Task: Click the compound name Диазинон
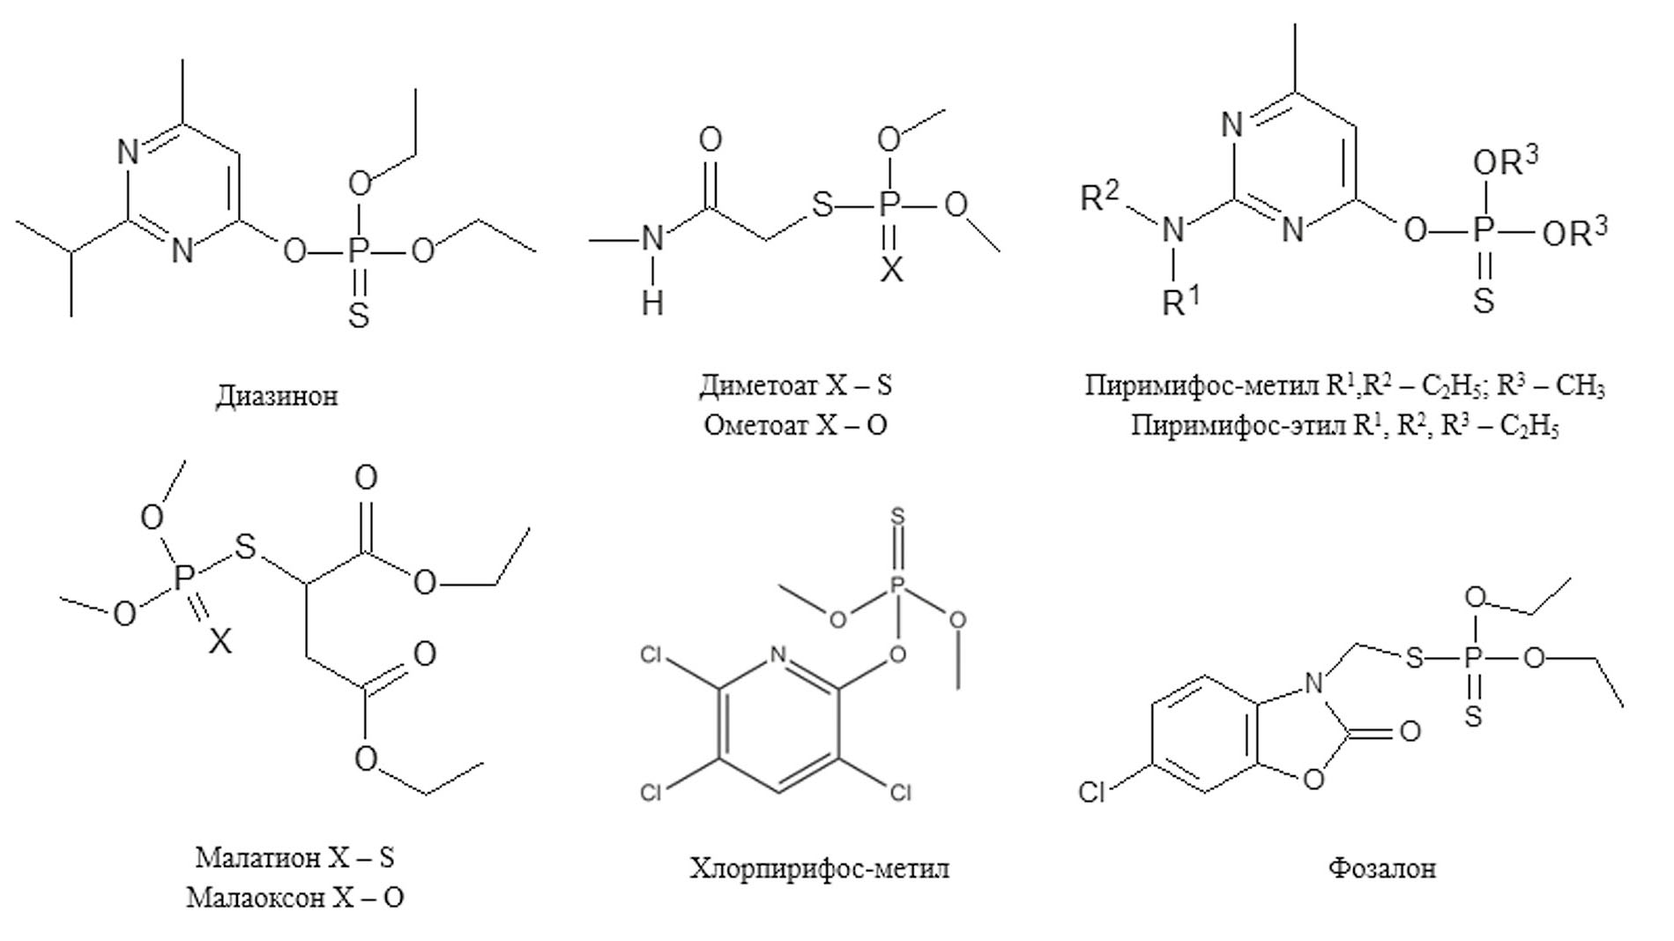tap(277, 395)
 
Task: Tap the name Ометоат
tap(755, 425)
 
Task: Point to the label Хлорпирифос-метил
tap(820, 869)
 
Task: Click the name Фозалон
tap(1381, 869)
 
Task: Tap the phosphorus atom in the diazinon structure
tap(356, 251)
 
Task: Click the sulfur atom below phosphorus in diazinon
tap(358, 315)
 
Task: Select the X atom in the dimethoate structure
tap(892, 270)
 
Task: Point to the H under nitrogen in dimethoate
tap(652, 303)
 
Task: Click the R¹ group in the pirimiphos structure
tap(1181, 302)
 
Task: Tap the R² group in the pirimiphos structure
tap(1099, 196)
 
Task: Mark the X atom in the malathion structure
tap(220, 641)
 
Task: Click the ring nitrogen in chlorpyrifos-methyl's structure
tap(777, 655)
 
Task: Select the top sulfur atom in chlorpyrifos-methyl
tap(897, 516)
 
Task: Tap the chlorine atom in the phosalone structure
tap(1092, 793)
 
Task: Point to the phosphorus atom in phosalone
tap(1471, 659)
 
